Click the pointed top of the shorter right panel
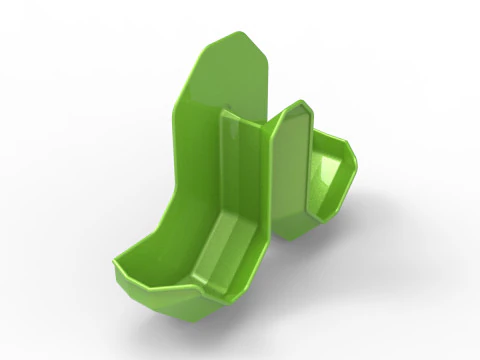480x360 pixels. tap(299, 102)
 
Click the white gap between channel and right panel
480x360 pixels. tap(271, 260)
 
